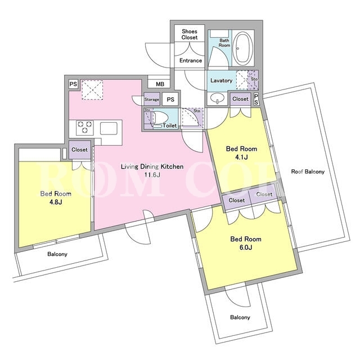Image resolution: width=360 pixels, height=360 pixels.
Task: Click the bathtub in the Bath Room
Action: coord(242,48)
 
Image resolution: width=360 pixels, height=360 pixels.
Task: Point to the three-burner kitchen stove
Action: coord(85,128)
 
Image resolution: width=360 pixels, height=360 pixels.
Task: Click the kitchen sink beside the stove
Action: coord(109,128)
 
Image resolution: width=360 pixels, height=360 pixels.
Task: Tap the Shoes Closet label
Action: coord(190,34)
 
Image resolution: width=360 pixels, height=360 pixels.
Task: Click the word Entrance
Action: coord(191,60)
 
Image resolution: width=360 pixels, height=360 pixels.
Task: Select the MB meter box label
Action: coord(160,84)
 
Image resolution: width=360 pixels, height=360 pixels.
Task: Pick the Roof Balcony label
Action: coord(308,172)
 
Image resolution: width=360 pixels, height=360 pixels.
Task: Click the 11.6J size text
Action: coord(152,175)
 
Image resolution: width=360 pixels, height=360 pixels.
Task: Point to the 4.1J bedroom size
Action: coord(241,157)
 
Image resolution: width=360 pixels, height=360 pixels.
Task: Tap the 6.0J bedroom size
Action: coord(246,247)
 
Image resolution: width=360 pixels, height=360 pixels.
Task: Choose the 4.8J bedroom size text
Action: coord(56,202)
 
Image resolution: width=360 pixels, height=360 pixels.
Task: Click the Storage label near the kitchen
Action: coord(151,100)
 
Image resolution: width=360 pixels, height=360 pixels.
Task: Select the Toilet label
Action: coord(170,125)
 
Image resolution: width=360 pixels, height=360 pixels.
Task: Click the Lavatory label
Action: coord(221,80)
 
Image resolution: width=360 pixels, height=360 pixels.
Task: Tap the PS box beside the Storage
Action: coord(170,100)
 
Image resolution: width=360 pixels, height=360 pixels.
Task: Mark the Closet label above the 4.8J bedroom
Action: coord(79,150)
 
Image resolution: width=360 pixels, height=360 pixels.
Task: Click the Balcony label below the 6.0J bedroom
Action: coord(240,317)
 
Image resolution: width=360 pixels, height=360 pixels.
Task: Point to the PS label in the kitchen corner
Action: coord(73,84)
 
